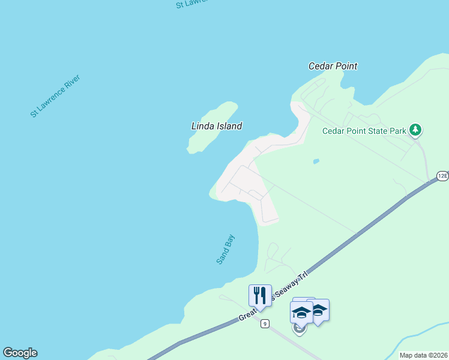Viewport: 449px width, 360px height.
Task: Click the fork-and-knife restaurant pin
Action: (x=260, y=295)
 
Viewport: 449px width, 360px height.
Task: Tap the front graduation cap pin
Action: (x=301, y=313)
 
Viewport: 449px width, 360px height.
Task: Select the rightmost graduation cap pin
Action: (x=319, y=310)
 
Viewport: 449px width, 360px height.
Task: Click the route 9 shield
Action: (x=265, y=324)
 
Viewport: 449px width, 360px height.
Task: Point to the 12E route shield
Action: (x=442, y=175)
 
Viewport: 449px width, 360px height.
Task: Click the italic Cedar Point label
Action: (x=333, y=66)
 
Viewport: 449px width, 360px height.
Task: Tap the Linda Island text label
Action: (x=216, y=126)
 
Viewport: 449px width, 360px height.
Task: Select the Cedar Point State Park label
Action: (x=364, y=131)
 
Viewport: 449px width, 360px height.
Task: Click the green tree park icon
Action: (x=415, y=130)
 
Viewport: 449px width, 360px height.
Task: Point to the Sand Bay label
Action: (x=226, y=249)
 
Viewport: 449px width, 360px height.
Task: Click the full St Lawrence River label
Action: (x=55, y=96)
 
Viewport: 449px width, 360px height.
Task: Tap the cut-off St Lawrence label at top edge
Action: (x=192, y=3)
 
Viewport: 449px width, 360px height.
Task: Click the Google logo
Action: (x=20, y=353)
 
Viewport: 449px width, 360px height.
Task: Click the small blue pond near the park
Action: (x=316, y=161)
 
